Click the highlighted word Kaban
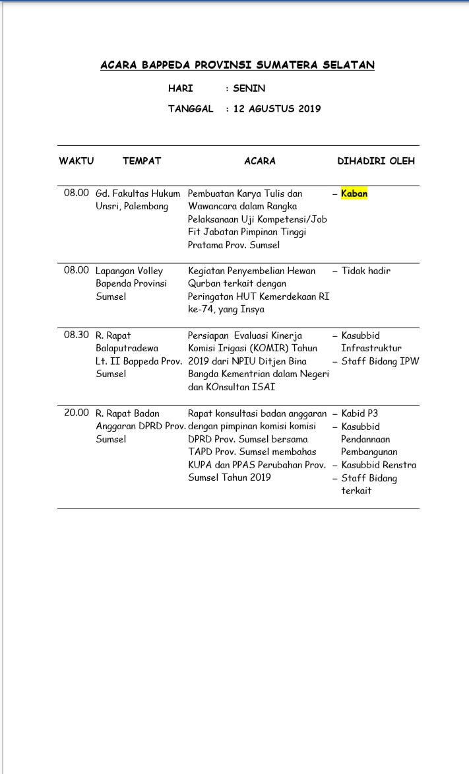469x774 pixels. (354, 194)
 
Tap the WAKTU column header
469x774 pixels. (77, 161)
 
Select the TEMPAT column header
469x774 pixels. (142, 161)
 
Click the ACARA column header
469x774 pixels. (260, 161)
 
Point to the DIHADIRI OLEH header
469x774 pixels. (376, 161)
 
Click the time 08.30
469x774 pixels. (77, 335)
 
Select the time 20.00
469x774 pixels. (77, 413)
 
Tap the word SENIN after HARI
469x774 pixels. (249, 88)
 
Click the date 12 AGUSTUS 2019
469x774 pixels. (277, 109)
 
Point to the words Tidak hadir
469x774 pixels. (365, 271)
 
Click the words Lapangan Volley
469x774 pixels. (129, 271)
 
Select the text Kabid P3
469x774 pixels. (360, 413)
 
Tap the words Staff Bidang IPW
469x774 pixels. (380, 361)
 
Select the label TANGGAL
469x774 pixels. (191, 109)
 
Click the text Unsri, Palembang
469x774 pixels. (132, 207)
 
